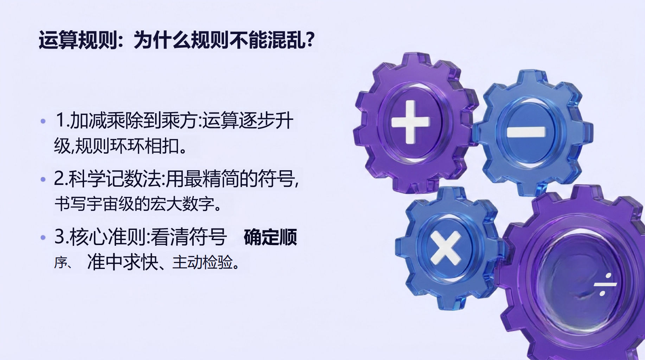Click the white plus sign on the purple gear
pos(410,122)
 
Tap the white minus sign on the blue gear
pos(526,131)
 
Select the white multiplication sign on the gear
pos(446,248)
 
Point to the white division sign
pos(605,284)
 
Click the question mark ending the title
pos(310,39)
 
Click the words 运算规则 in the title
pos(78,40)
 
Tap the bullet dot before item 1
pos(43,122)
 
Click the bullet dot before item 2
pos(43,180)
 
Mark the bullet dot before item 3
pos(43,238)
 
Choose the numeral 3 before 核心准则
pos(59,236)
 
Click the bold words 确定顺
pos(270,237)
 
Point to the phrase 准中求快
pos(123,262)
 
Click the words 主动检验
pos(203,263)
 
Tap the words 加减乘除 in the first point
pos(107,121)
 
